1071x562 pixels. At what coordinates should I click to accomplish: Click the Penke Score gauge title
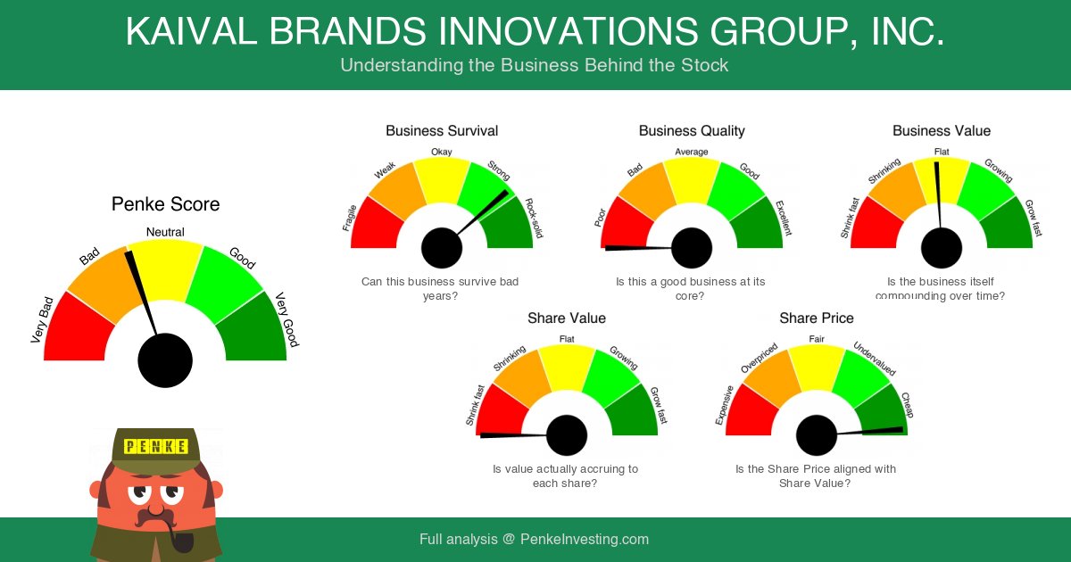point(165,204)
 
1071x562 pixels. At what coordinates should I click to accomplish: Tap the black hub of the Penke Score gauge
point(165,360)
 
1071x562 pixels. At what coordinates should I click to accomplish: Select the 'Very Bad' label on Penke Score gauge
point(41,319)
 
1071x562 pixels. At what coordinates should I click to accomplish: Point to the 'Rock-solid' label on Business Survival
point(534,219)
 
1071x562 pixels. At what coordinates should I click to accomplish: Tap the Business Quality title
point(692,131)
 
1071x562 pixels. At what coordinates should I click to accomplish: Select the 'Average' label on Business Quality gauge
point(692,152)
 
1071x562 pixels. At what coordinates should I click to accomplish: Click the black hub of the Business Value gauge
point(942,248)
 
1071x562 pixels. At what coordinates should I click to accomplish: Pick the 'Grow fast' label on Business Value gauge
point(1034,219)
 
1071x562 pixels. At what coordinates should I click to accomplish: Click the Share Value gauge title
point(567,318)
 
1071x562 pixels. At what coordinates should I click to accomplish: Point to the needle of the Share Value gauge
point(513,434)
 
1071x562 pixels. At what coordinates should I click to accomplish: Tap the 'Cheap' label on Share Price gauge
point(907,405)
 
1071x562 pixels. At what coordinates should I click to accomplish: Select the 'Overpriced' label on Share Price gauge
point(760,359)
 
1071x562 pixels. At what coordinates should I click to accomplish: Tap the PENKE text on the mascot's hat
point(155,446)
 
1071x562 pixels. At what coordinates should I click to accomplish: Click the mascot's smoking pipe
point(175,538)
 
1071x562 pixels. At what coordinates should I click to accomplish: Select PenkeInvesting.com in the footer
point(585,540)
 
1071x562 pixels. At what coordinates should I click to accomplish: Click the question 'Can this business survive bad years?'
point(440,288)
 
